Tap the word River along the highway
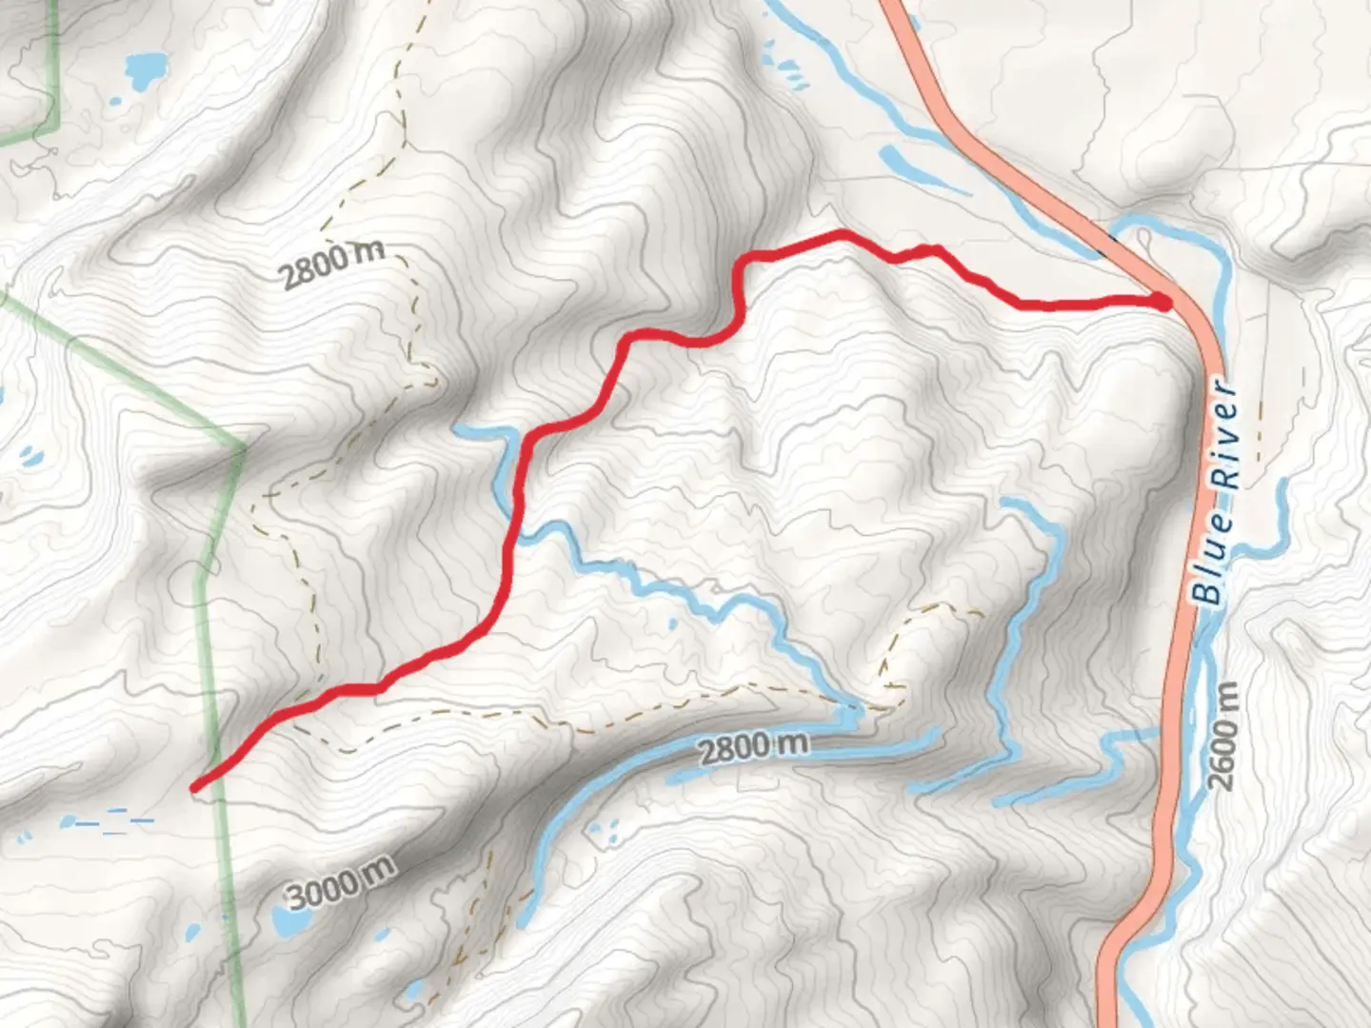point(1225,436)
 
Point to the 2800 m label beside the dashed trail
point(332,264)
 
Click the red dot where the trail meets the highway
point(1162,302)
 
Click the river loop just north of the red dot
point(1181,228)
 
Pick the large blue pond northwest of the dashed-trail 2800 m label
point(145,69)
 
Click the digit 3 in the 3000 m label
point(297,897)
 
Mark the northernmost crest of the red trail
point(838,233)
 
